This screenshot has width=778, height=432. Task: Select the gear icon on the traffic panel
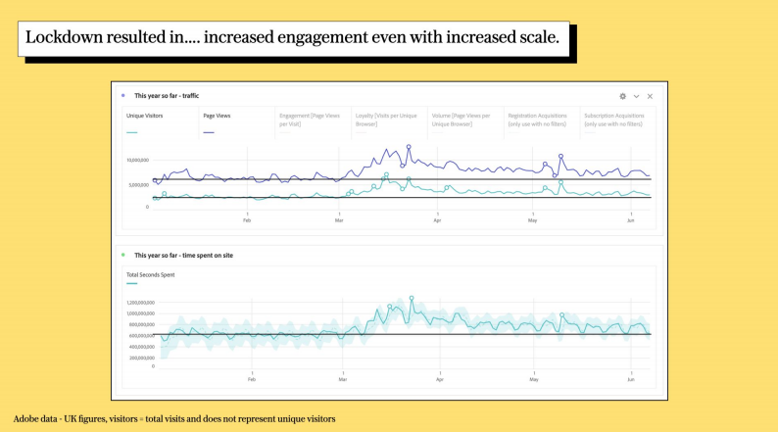click(622, 96)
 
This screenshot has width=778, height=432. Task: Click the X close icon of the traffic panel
click(650, 96)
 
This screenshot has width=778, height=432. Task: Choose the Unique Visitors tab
click(144, 117)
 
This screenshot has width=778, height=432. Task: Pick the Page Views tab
click(217, 117)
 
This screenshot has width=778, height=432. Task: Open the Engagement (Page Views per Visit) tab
click(310, 120)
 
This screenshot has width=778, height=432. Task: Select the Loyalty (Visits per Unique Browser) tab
click(385, 120)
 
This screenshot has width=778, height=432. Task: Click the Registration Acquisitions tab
click(538, 120)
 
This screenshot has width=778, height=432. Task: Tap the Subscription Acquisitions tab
click(614, 120)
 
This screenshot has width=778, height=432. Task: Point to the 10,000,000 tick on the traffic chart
click(137, 159)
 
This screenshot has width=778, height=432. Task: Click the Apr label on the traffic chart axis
click(437, 220)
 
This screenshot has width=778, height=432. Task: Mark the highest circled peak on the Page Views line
click(409, 147)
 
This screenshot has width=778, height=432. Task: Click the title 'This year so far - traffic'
click(166, 96)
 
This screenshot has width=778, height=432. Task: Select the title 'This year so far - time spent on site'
click(183, 255)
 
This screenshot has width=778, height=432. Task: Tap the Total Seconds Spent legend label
click(150, 275)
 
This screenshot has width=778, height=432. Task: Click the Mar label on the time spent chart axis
click(343, 377)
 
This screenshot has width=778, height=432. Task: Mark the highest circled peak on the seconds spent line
click(412, 298)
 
